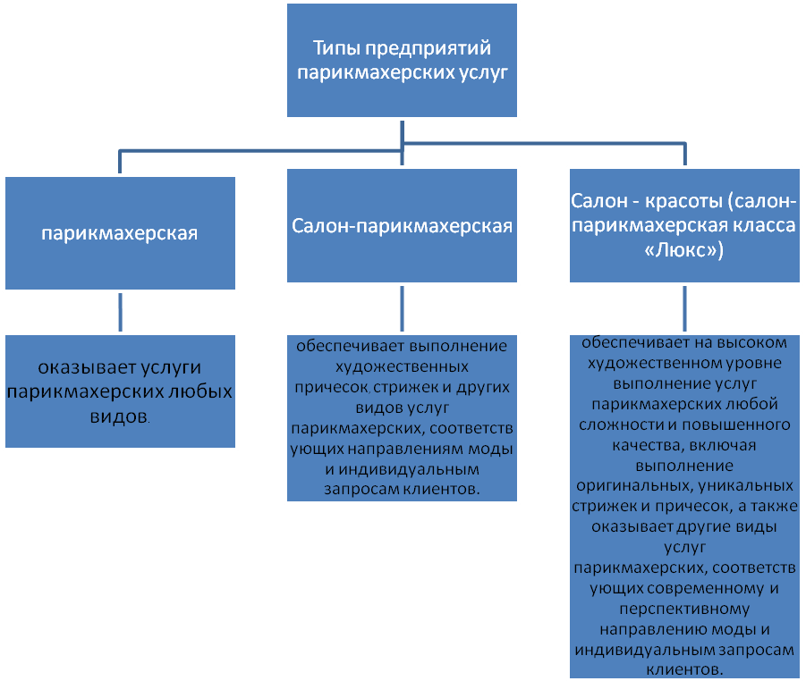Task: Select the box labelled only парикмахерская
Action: (x=119, y=233)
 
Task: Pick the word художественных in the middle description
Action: (x=402, y=366)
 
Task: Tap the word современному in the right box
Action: (x=684, y=589)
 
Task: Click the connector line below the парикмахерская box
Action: (x=119, y=311)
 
